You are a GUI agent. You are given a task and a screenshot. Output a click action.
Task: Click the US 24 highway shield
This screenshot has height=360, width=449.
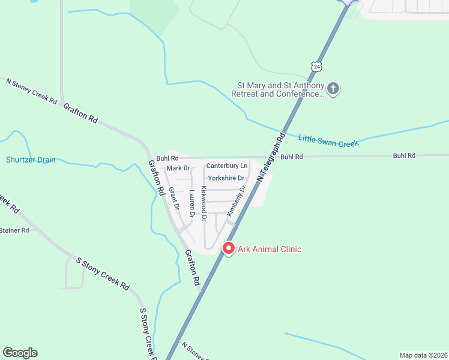click(316, 65)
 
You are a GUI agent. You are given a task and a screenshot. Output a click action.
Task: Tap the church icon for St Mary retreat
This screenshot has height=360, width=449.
click(334, 89)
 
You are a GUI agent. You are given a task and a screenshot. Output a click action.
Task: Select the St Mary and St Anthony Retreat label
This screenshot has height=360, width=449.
click(277, 89)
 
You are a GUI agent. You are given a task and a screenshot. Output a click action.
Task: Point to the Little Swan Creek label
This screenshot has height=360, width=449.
click(328, 142)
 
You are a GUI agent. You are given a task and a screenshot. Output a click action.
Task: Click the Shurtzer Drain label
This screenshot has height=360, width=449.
click(31, 160)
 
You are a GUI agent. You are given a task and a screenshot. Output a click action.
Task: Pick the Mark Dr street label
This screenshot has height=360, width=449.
click(178, 168)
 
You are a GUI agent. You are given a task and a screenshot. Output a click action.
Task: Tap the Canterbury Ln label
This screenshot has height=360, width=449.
click(226, 165)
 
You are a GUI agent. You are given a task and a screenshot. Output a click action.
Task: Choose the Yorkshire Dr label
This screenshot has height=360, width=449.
click(226, 178)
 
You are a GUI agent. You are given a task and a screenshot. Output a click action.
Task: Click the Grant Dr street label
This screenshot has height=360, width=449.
click(174, 199)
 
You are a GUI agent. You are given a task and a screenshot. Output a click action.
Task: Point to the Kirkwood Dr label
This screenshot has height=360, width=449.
click(204, 203)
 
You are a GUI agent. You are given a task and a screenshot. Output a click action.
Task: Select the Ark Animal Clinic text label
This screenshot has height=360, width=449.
click(270, 249)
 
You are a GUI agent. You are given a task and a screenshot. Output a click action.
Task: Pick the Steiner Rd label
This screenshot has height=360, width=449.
click(14, 230)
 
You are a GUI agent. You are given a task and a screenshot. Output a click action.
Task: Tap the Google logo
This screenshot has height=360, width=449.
click(20, 353)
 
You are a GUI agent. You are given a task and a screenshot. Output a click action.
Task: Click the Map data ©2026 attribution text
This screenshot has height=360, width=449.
click(423, 355)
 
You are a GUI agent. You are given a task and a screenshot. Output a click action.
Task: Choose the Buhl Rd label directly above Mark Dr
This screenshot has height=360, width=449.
click(167, 158)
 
